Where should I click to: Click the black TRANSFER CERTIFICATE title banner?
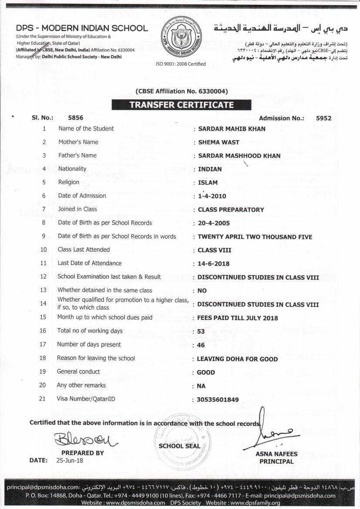coord(181,105)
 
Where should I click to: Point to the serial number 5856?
coord(76,118)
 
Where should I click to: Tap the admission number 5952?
coord(323,118)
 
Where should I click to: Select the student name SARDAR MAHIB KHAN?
coord(232,129)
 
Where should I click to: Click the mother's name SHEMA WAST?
coord(219,142)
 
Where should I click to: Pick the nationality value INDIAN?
coord(210,169)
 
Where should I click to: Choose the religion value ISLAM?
coord(208,182)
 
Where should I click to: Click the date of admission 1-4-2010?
coord(212,196)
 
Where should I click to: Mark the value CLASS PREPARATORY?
coord(231,209)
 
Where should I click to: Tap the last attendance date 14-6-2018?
coord(213,263)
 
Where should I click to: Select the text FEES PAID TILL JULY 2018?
coord(237,318)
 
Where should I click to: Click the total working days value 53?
coord(201,331)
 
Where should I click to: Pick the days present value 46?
coord(201,345)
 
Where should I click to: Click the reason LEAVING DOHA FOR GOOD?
coord(237,359)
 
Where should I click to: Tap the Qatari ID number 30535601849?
coord(218,399)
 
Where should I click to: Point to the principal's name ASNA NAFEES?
coord(276,454)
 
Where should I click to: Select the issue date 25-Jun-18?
coord(70,460)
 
